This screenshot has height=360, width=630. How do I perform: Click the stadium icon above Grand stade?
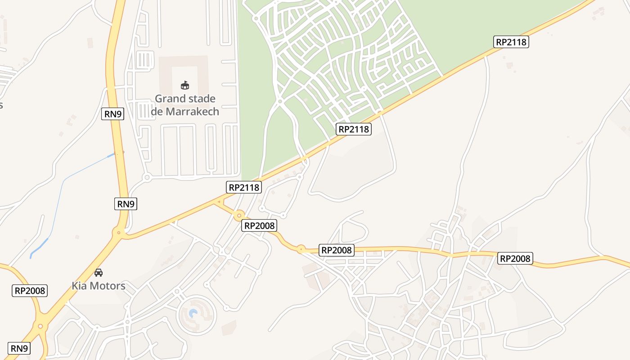click(184, 85)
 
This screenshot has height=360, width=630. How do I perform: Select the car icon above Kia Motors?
click(99, 272)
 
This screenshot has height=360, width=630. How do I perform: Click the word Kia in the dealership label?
click(80, 286)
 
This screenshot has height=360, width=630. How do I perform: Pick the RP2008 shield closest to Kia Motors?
click(30, 291)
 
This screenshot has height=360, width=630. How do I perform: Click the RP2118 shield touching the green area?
click(353, 130)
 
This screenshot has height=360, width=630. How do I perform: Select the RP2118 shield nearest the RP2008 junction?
click(244, 187)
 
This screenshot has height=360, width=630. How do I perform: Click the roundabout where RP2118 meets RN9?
click(119, 232)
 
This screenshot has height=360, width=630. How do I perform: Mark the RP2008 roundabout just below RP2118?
click(239, 216)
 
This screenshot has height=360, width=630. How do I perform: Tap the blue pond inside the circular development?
click(193, 313)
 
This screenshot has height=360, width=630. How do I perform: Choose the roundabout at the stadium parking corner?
click(147, 178)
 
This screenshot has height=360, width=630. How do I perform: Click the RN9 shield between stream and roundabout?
click(126, 204)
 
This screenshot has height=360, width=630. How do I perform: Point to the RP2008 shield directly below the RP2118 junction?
click(259, 225)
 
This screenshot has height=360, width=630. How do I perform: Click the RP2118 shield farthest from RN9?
click(511, 42)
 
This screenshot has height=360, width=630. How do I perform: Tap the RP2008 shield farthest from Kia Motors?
click(515, 258)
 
